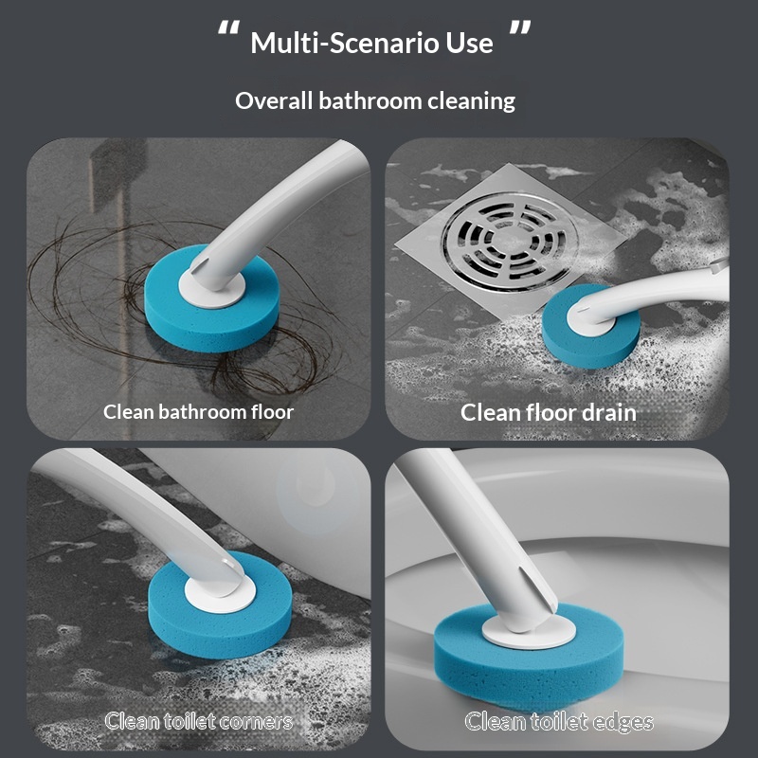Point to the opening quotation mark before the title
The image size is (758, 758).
[228, 28]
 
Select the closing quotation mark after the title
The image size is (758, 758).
[520, 28]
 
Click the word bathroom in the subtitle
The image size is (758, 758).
[370, 101]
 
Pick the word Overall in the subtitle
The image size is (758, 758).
[274, 101]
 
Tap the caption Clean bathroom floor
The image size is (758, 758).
[198, 412]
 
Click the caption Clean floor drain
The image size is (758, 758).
[549, 412]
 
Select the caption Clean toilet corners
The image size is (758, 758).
[199, 721]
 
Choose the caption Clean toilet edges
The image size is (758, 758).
[559, 721]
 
